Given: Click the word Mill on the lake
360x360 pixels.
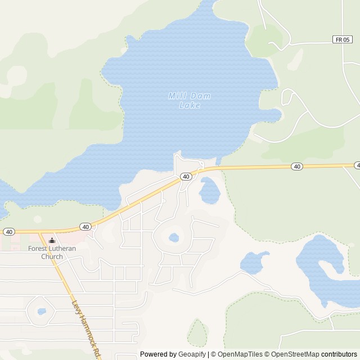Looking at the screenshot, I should [177, 96].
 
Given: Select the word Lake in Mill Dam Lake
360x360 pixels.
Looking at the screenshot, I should [189, 105].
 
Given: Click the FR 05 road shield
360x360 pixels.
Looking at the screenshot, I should [342, 39].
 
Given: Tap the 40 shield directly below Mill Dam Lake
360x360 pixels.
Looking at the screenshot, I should [186, 177].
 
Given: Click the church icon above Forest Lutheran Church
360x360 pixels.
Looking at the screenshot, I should [52, 240].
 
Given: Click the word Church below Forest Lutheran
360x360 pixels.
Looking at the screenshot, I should [52, 256].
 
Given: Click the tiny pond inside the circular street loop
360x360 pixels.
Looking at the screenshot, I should [174, 237].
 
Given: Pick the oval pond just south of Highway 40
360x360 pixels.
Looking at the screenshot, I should [209, 191].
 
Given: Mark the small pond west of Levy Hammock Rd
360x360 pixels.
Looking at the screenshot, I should [42, 311].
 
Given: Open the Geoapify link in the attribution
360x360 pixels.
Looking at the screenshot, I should [192, 354].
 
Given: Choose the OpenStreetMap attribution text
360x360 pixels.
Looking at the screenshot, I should [295, 354].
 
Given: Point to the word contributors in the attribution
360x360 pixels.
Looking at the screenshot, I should [339, 354].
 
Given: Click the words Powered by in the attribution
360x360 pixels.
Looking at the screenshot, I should [158, 354].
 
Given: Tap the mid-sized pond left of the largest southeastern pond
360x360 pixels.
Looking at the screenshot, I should [254, 262].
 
